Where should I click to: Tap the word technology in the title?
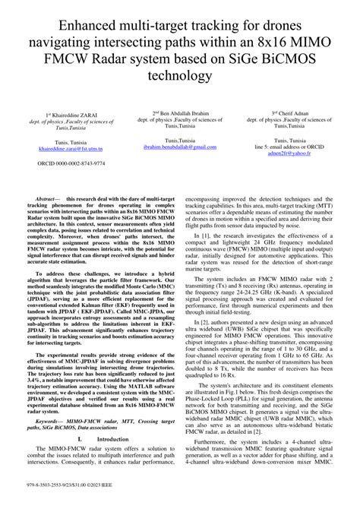pos(180,77)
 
